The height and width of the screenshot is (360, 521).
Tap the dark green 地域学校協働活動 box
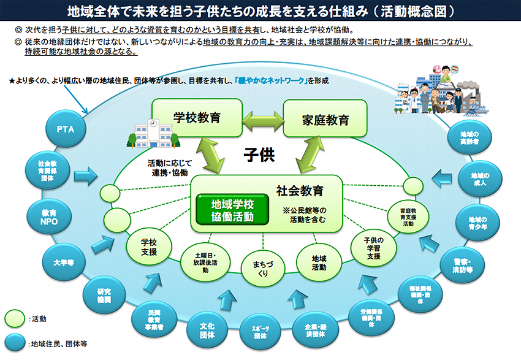pyautogui.click(x=232, y=209)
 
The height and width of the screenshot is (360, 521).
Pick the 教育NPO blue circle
pyautogui.click(x=49, y=216)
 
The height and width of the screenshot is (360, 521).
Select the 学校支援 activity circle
pyautogui.click(x=149, y=247)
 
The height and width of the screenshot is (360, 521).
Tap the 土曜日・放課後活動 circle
pyautogui.click(x=204, y=261)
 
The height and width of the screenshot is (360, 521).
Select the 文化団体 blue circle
pyautogui.click(x=207, y=331)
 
